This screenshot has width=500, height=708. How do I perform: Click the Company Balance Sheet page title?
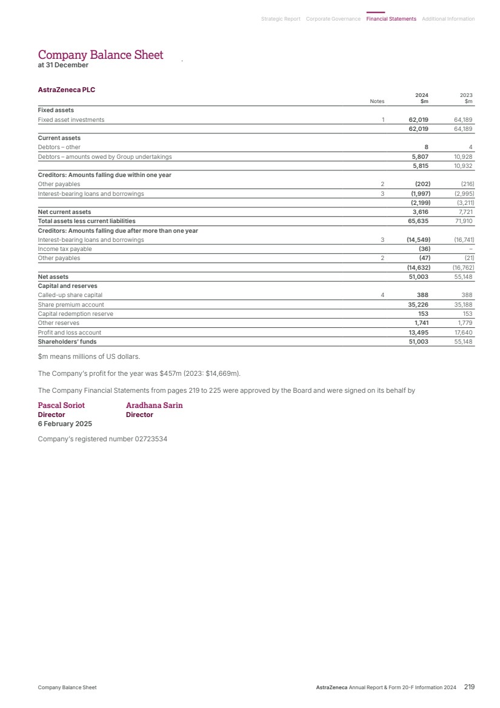101,55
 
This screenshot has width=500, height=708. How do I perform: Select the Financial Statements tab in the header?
391,19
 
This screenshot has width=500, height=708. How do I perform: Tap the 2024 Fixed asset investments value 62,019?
419,120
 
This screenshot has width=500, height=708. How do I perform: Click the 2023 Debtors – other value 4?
470,147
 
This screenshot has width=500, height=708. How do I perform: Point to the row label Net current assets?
64,212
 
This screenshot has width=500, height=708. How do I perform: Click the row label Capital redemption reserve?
75,314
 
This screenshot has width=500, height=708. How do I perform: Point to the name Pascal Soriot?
61,406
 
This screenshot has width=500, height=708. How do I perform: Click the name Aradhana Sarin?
154,406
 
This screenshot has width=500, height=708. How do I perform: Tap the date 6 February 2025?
65,424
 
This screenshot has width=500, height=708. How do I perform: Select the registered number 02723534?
151,439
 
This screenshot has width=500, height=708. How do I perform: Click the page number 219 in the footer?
469,687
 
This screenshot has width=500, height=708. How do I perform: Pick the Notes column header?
377,102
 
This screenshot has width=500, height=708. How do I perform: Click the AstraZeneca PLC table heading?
67,90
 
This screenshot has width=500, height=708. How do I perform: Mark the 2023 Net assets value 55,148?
463,277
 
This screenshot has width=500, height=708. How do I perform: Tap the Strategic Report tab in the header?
281,19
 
